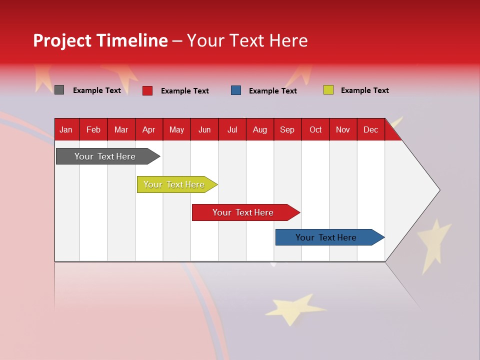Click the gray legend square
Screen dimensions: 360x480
pyautogui.click(x=59, y=90)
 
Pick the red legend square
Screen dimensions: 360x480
pyautogui.click(x=147, y=90)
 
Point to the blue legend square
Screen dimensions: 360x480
pyautogui.click(x=236, y=90)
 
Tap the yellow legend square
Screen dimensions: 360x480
pyautogui.click(x=328, y=90)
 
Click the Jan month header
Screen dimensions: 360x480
pyautogui.click(x=66, y=129)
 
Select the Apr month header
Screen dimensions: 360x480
pyautogui.click(x=149, y=129)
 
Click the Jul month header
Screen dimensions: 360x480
pyautogui.click(x=232, y=129)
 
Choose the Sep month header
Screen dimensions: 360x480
pyautogui.click(x=287, y=129)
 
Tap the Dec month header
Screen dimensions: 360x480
pyautogui.click(x=370, y=129)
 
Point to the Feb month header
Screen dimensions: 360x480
pyautogui.click(x=93, y=129)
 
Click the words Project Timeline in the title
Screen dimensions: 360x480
pyautogui.click(x=100, y=40)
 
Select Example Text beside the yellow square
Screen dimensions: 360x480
pyautogui.click(x=364, y=90)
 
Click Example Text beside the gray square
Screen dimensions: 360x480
pyautogui.click(x=97, y=90)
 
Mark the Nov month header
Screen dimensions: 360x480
pyautogui.click(x=343, y=129)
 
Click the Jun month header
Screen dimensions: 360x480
pyautogui.click(x=204, y=129)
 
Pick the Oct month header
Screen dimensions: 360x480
pyautogui.click(x=315, y=129)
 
